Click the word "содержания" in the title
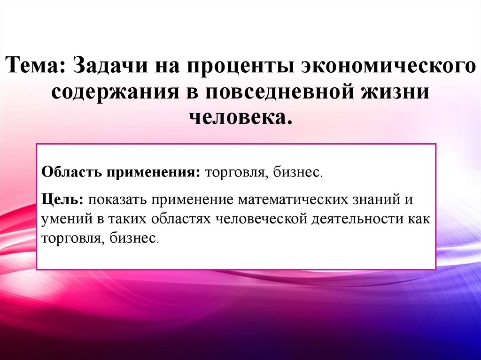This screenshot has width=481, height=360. (110, 92)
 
